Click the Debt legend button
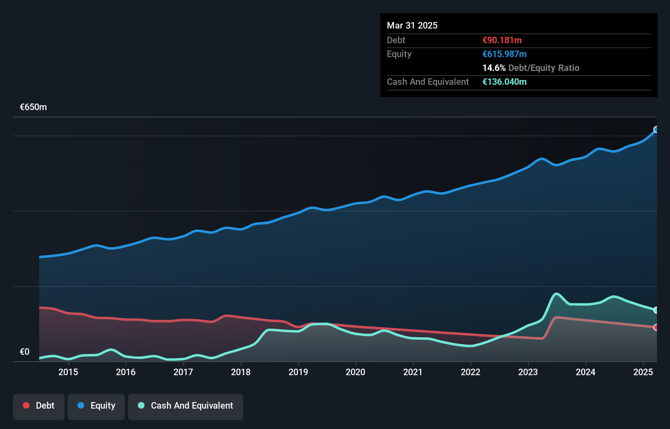click(x=39, y=406)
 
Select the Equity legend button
click(x=96, y=406)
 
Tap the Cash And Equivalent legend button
click(x=186, y=406)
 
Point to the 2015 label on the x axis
click(x=68, y=372)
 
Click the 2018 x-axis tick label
click(x=241, y=372)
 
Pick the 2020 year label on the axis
click(x=355, y=372)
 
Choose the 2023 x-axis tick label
click(x=528, y=372)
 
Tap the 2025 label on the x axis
click(x=643, y=372)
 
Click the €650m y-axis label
click(x=33, y=107)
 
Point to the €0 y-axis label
click(x=24, y=352)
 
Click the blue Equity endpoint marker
click(x=656, y=130)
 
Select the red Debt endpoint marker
click(x=656, y=327)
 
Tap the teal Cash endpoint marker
click(x=656, y=310)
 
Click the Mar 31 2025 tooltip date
click(x=412, y=25)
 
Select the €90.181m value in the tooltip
click(x=502, y=40)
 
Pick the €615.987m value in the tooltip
click(x=504, y=54)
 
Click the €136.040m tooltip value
click(x=504, y=82)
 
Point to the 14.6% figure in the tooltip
click(x=494, y=68)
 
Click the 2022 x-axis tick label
click(x=470, y=372)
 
